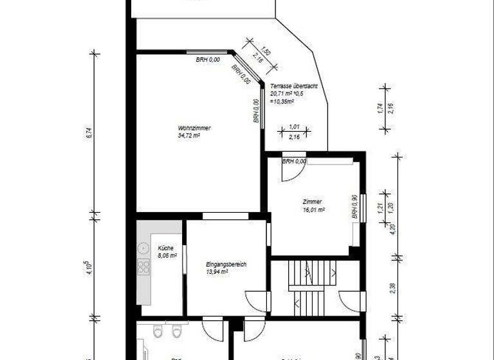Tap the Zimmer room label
(x=312, y=201)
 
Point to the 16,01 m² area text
(x=313, y=209)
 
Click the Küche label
(x=166, y=248)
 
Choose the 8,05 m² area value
(x=167, y=255)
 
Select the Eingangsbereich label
(x=226, y=264)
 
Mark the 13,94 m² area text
(x=217, y=272)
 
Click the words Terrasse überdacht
(x=294, y=86)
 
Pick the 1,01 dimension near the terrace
(x=294, y=127)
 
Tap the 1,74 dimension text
(x=380, y=109)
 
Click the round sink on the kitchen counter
(x=143, y=247)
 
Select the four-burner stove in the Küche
(x=143, y=269)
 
